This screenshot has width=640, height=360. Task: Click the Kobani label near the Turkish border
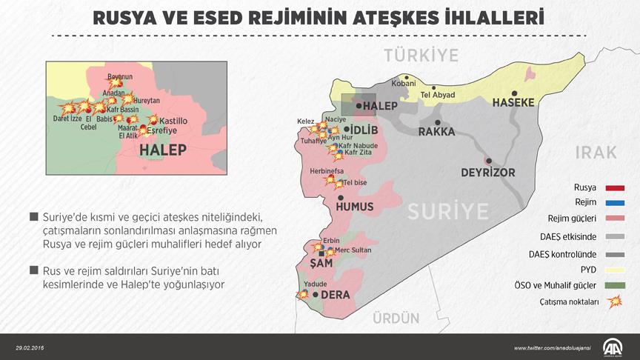(404, 84)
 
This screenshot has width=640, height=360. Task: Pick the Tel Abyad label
(437, 95)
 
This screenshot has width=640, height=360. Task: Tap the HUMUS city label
(355, 207)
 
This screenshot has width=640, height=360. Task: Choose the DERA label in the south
(335, 294)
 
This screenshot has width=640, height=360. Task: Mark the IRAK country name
(595, 152)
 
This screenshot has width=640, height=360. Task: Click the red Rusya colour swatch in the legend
(615, 187)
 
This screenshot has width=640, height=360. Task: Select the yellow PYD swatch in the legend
(615, 269)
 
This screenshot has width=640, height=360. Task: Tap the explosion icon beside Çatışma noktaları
(614, 301)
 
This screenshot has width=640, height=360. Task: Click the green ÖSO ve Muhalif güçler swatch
(615, 285)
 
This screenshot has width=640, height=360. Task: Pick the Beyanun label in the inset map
(120, 77)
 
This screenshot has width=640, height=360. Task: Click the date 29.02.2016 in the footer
(30, 348)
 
